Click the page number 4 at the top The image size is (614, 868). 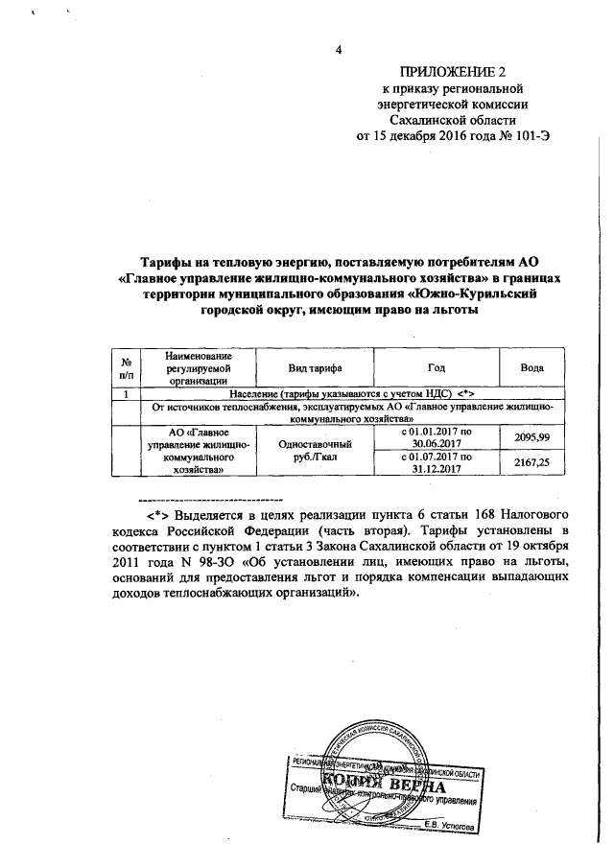point(339,51)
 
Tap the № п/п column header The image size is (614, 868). point(126,368)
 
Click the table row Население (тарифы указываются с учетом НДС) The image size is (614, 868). point(352,394)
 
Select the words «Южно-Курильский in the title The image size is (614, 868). point(476,294)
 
